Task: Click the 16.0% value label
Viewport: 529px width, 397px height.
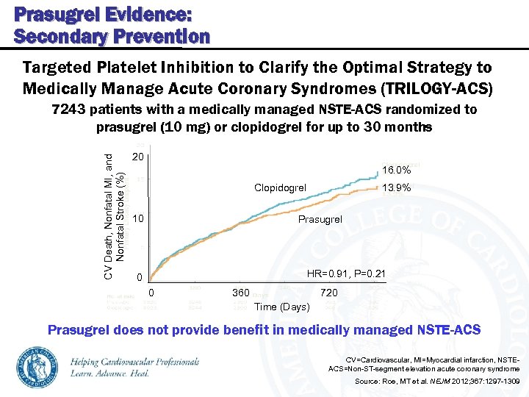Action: tap(396, 170)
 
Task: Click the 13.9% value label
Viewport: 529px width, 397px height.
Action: tap(396, 187)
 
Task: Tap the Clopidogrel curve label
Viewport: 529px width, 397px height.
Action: tap(280, 188)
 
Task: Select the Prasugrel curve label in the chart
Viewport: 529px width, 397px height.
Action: tap(320, 220)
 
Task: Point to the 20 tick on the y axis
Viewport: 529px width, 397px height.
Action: tap(137, 157)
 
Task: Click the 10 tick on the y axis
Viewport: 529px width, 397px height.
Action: tap(137, 219)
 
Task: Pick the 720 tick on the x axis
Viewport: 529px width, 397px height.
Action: tap(329, 293)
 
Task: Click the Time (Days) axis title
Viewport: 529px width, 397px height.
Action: tap(281, 306)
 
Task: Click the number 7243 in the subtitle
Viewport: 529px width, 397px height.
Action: tap(68, 110)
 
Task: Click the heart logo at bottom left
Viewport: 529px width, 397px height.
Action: tap(36, 365)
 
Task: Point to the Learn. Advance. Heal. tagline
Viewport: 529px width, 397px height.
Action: tap(110, 373)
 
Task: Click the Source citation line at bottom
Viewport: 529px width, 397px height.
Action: tap(437, 382)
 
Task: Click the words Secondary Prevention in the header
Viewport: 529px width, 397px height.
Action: tap(112, 36)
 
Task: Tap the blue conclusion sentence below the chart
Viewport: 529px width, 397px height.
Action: tap(264, 329)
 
